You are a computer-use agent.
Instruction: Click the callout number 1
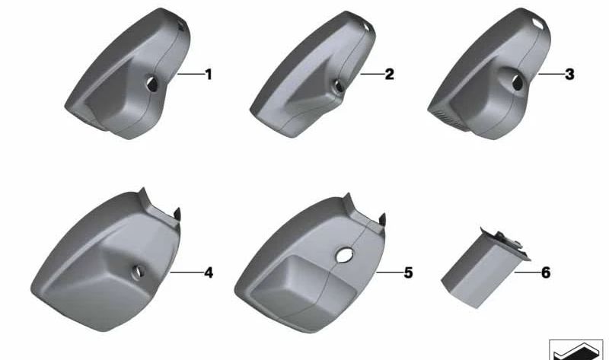click(208, 75)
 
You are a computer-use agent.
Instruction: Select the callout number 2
click(389, 75)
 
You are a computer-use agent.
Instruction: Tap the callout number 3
click(569, 75)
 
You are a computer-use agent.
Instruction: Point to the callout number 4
click(208, 272)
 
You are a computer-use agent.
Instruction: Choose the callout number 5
click(408, 272)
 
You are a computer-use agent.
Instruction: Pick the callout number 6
click(545, 272)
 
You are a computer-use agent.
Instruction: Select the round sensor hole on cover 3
click(518, 85)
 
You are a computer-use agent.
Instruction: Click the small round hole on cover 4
click(139, 269)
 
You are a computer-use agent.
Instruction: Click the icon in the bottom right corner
click(576, 349)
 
